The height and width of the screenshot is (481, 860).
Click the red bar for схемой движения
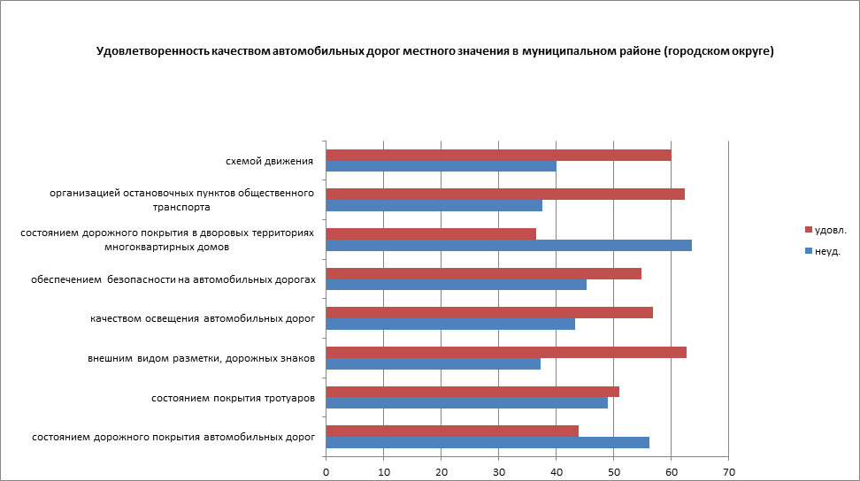tap(498, 156)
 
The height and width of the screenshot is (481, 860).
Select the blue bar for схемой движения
tap(441, 166)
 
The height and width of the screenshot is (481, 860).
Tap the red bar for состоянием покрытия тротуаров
tap(472, 392)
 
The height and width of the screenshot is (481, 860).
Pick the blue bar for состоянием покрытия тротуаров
tap(467, 402)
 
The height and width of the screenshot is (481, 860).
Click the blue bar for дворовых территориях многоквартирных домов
tap(509, 245)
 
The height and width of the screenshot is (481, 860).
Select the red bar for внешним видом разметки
tap(506, 352)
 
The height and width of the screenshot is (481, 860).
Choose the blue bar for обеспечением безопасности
tap(456, 284)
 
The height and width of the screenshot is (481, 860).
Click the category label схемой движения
tap(270, 161)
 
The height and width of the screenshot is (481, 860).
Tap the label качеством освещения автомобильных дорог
tap(203, 318)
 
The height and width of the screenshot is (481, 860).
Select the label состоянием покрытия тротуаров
tap(234, 398)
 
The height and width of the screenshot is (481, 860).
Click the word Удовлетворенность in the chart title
tap(152, 51)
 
